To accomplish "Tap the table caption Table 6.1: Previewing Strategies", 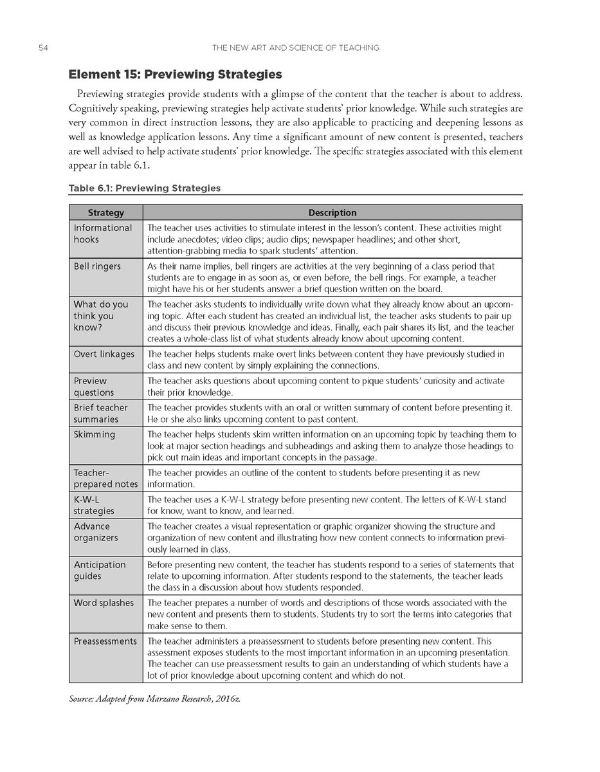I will [x=145, y=188].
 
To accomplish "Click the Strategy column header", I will [x=105, y=213].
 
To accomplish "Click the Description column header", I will [x=332, y=213].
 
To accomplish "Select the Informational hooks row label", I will [x=103, y=234].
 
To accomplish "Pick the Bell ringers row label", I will [x=97, y=266].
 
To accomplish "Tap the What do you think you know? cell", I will [x=101, y=316].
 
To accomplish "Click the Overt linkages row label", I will [x=104, y=354].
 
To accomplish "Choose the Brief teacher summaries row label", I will [x=100, y=413].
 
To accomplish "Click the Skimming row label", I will [x=95, y=434].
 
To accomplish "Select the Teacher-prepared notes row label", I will [x=105, y=478].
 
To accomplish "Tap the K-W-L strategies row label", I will [x=94, y=504].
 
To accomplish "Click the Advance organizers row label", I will [x=96, y=532].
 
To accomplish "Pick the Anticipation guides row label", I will [x=100, y=570].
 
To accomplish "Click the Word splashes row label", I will [x=104, y=603].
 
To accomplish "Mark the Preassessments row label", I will [x=105, y=641].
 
